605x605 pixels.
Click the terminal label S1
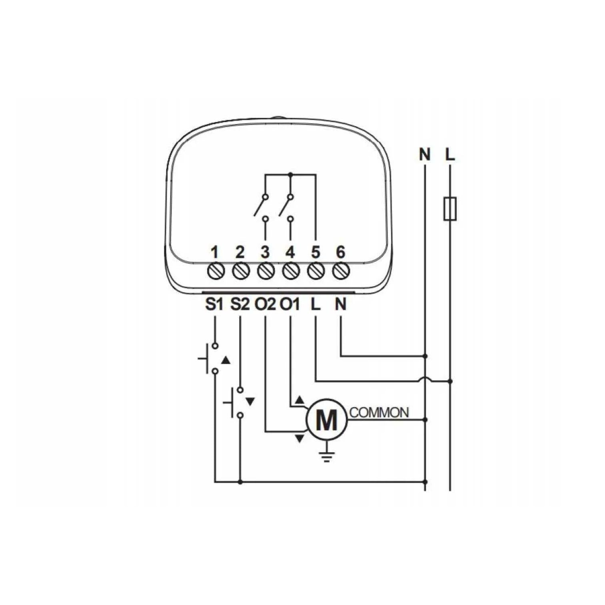pos(214,305)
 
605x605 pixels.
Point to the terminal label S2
pos(240,305)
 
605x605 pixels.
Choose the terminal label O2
pos(265,305)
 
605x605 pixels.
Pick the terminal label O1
pos(290,305)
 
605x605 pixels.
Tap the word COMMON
pos(379,413)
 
